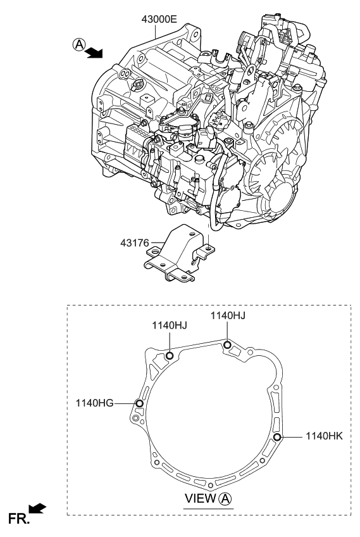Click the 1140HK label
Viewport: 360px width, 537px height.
pyautogui.click(x=323, y=436)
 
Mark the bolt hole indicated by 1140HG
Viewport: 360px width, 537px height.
pyautogui.click(x=140, y=403)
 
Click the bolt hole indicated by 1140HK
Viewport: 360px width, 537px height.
pyautogui.click(x=277, y=437)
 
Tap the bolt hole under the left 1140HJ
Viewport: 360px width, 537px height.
pyautogui.click(x=170, y=355)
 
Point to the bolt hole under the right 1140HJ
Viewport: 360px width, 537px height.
pyautogui.click(x=227, y=344)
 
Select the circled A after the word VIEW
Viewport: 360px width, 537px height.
pyautogui.click(x=225, y=499)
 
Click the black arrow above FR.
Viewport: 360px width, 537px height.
pyautogui.click(x=38, y=508)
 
